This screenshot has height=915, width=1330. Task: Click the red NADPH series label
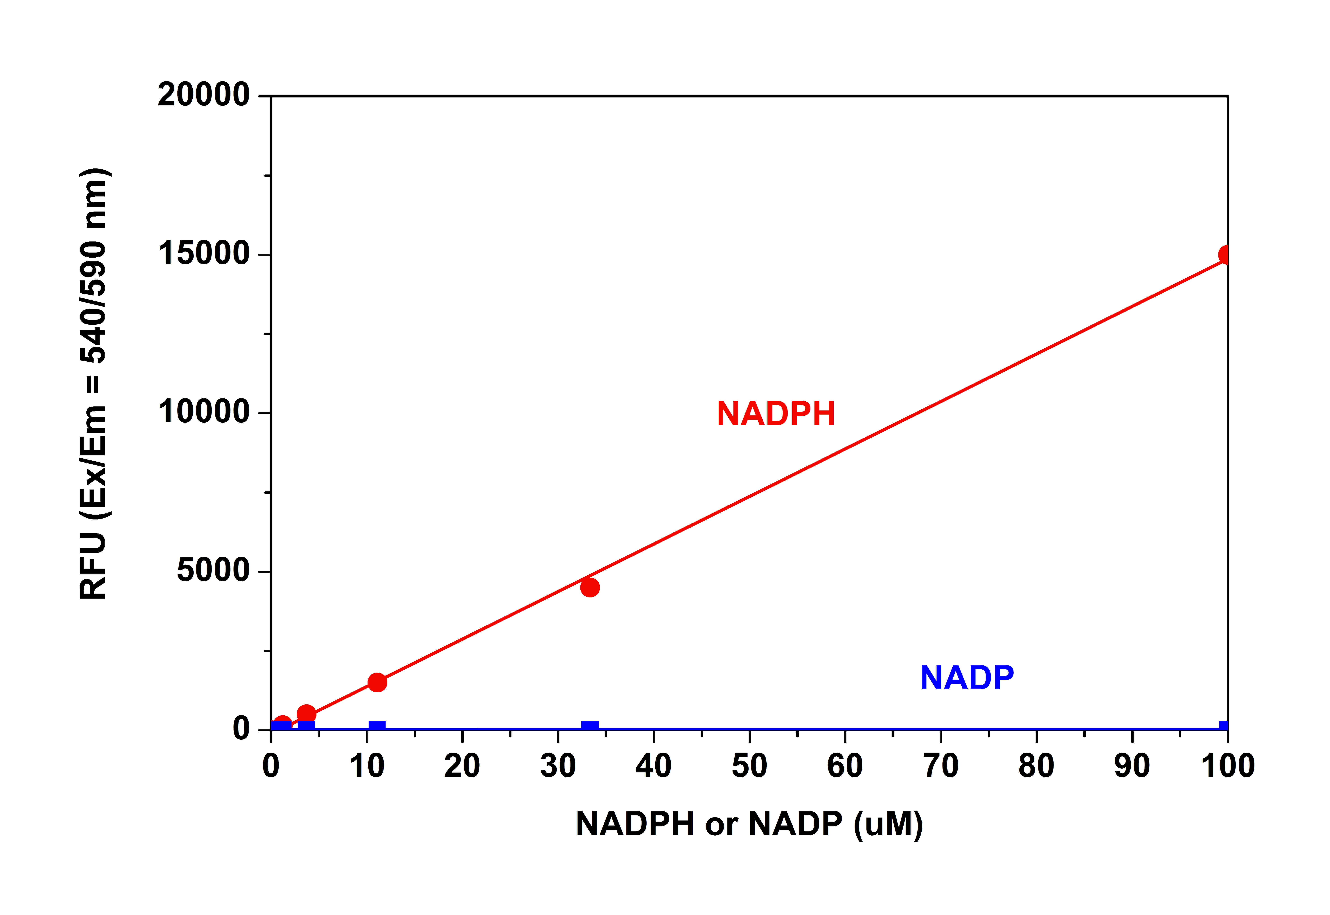[x=775, y=414]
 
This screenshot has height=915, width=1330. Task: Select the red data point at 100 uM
[x=1225, y=255]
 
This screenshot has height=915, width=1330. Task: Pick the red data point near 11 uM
[x=377, y=682]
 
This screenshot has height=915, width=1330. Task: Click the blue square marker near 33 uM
[x=590, y=726]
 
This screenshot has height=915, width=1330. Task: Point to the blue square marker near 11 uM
[x=377, y=726]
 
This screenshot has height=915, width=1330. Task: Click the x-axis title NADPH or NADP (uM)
[x=749, y=824]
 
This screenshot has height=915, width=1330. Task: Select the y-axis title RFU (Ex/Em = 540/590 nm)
[x=94, y=384]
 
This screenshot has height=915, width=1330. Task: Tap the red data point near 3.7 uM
[x=306, y=714]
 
